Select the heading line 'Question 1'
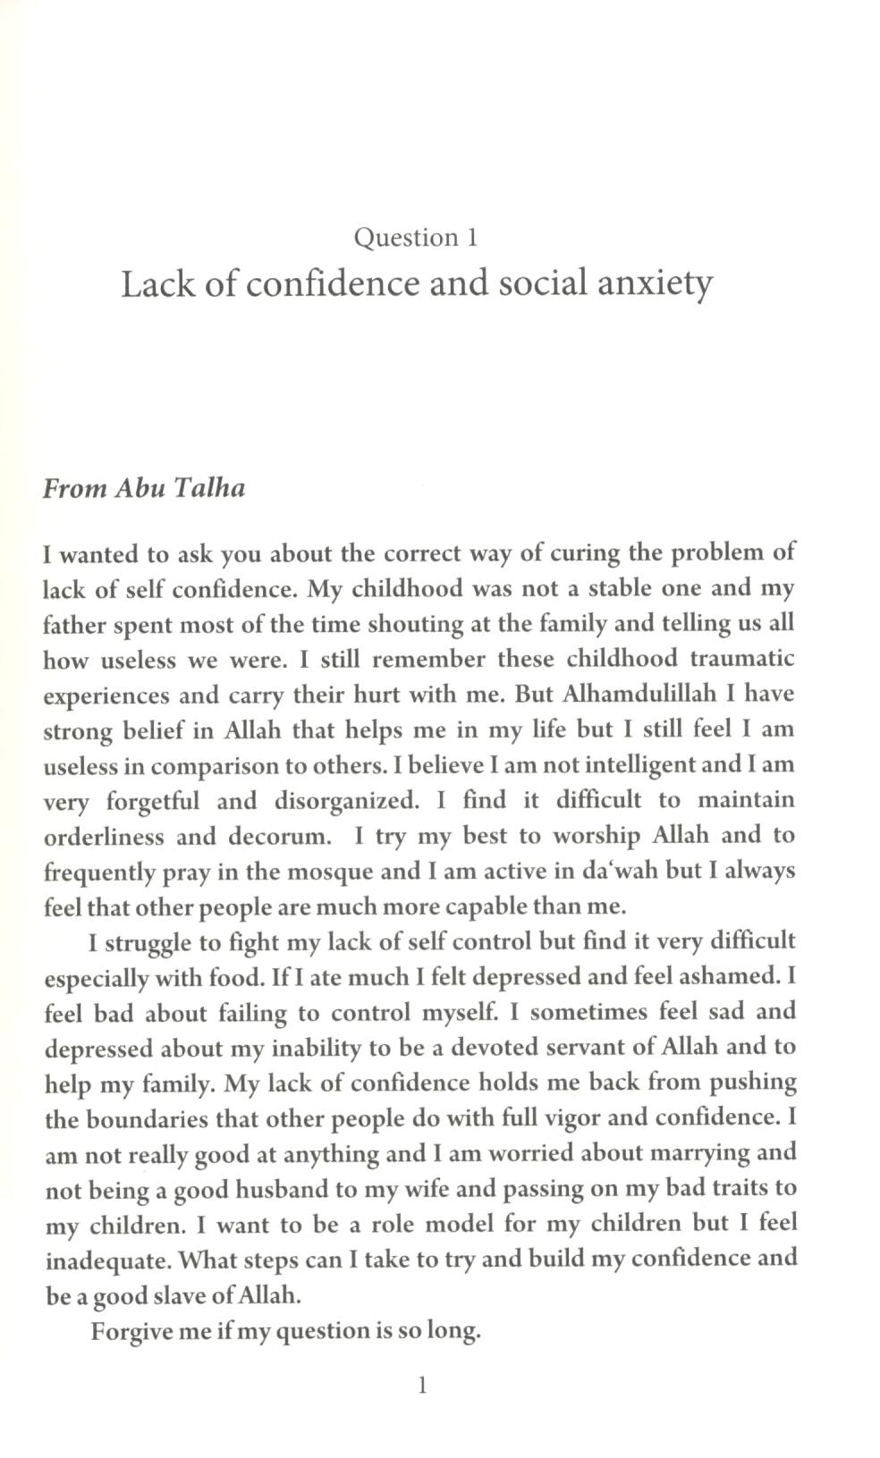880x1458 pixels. [416, 238]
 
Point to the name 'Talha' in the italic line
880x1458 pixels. [212, 488]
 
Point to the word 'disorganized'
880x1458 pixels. [346, 800]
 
